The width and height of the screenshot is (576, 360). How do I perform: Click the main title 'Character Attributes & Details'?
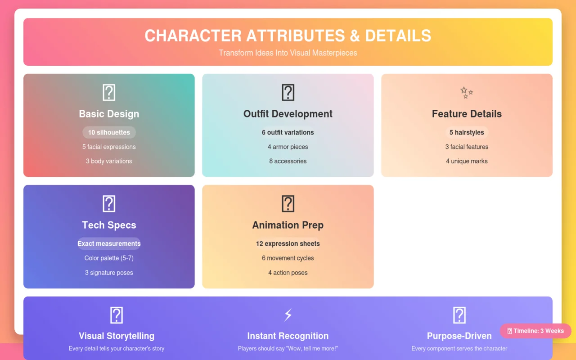(288, 36)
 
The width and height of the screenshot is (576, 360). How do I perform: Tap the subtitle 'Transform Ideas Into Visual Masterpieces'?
(288, 53)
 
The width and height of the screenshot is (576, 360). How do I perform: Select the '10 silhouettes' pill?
(109, 132)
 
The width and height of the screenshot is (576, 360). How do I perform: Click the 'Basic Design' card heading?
(109, 114)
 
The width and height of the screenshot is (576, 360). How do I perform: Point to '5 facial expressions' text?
(109, 147)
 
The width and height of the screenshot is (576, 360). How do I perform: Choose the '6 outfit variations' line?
(288, 132)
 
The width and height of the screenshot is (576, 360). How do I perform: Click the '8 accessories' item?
(288, 161)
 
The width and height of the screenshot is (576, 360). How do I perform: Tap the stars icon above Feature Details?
(467, 93)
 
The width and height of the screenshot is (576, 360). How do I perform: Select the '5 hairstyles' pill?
(467, 132)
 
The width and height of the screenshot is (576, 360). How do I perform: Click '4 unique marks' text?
(467, 161)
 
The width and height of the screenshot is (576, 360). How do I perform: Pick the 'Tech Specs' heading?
(109, 225)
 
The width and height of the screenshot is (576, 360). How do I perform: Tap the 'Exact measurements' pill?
(109, 243)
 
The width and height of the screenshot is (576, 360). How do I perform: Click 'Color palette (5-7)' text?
(109, 258)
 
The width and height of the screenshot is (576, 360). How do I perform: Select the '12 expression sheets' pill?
(288, 243)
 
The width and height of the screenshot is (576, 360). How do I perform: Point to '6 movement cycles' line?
(288, 258)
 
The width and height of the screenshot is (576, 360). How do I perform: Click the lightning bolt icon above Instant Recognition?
(288, 315)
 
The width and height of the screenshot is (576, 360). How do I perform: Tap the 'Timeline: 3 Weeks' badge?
(535, 331)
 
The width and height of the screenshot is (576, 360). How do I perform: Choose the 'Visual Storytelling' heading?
(117, 336)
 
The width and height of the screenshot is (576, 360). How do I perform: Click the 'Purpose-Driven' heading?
(459, 336)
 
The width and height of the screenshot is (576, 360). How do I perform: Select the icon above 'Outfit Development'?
(288, 93)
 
